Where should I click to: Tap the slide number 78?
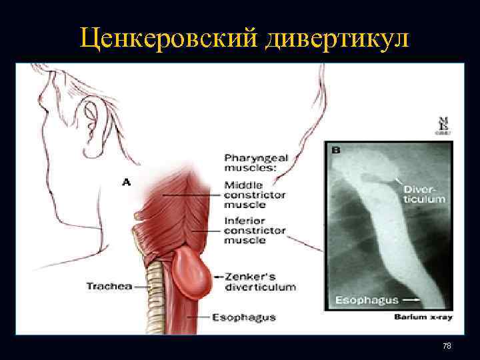pyautogui.click(x=447, y=345)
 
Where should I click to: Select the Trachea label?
pyautogui.click(x=109, y=286)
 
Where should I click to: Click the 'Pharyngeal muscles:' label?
pyautogui.click(x=257, y=163)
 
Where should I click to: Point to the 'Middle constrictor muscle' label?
pyautogui.click(x=255, y=195)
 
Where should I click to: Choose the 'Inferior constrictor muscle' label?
pyautogui.click(x=255, y=231)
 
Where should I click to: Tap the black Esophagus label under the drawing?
pyautogui.click(x=245, y=317)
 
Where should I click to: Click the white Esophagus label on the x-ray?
pyautogui.click(x=366, y=300)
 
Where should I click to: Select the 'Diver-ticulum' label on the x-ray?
pyautogui.click(x=424, y=194)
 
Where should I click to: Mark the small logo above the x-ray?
pyautogui.click(x=441, y=125)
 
